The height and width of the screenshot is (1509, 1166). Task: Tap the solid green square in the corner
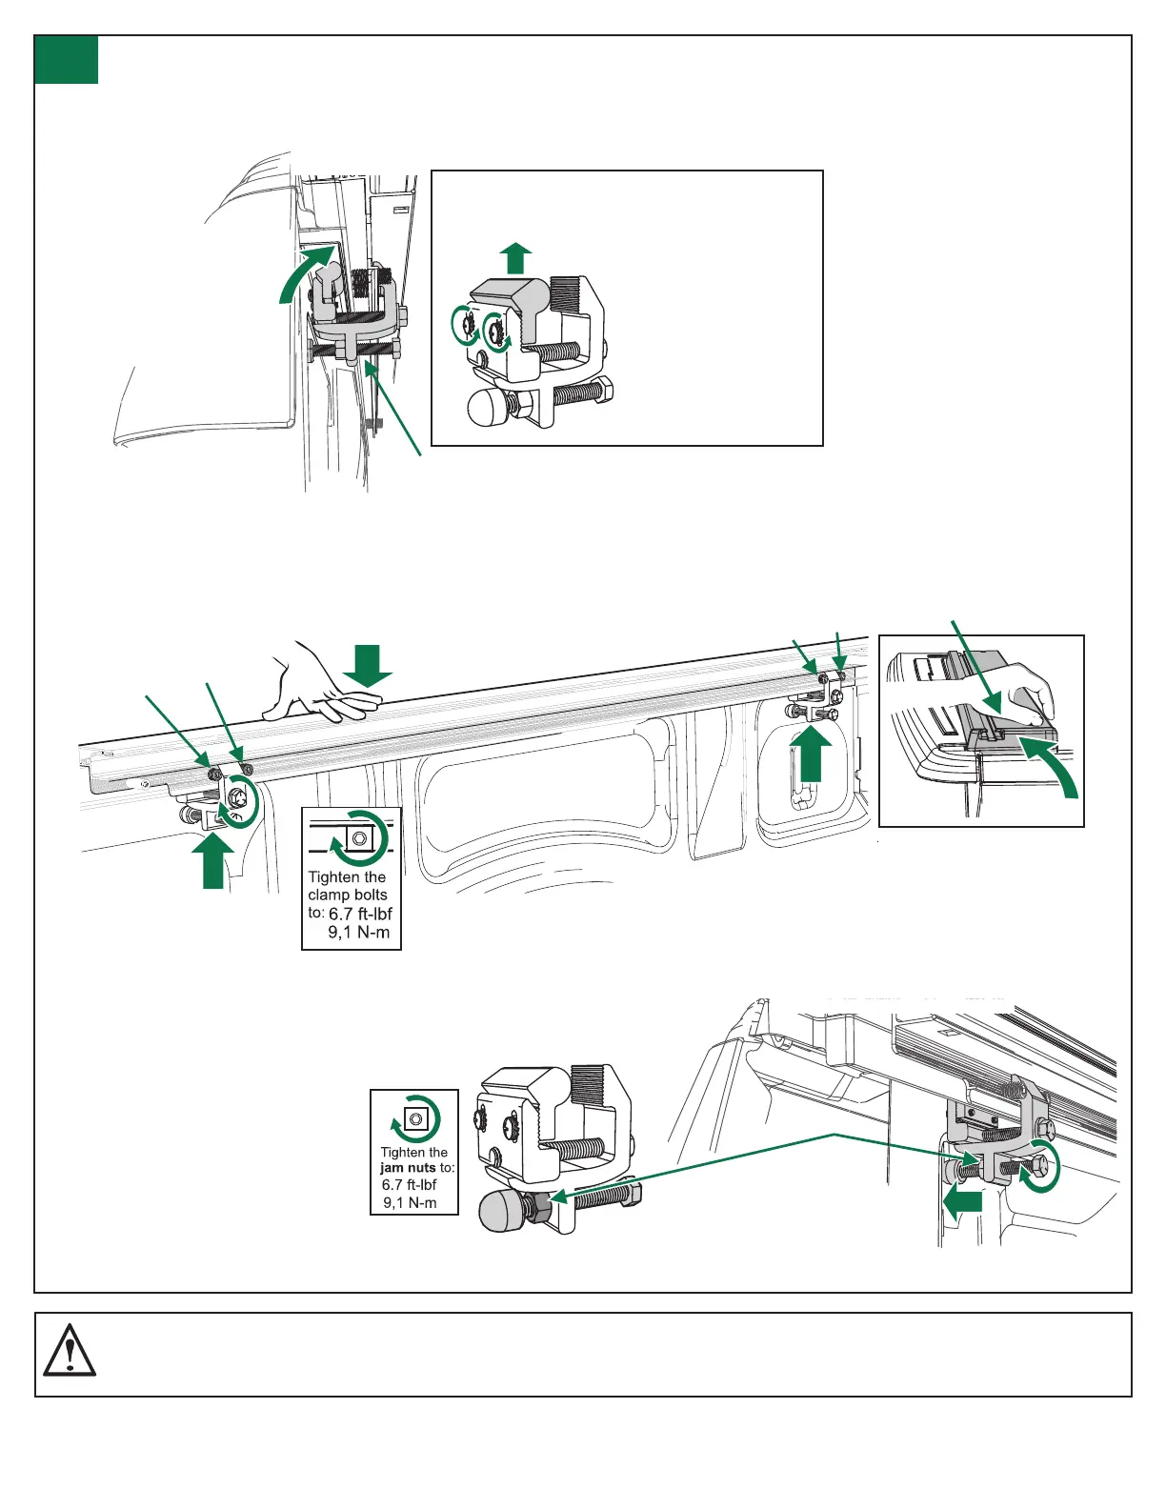[x=67, y=60]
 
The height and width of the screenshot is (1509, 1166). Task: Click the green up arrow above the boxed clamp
[x=516, y=258]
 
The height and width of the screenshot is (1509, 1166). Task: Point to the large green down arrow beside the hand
[x=368, y=665]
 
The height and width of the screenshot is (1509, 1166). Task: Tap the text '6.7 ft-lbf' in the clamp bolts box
[x=360, y=914]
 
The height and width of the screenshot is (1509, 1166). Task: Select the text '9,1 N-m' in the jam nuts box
[x=410, y=1203]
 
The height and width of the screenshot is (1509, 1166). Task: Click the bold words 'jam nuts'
[x=408, y=1168]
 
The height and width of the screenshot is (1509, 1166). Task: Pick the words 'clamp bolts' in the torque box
[x=348, y=895]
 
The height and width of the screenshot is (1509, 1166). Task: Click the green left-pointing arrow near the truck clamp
[x=962, y=1204]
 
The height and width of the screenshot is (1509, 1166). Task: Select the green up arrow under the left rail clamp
[x=213, y=861]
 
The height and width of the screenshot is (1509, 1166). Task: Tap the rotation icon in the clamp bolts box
[x=359, y=837]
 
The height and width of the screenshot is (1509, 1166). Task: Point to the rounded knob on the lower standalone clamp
[x=501, y=1212]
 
